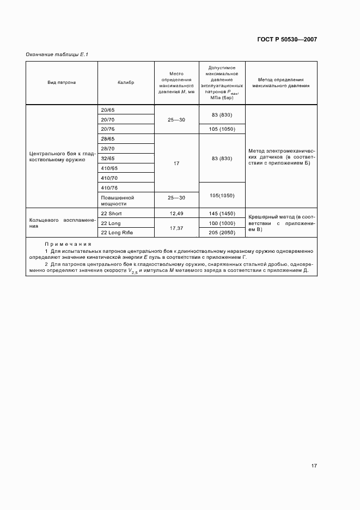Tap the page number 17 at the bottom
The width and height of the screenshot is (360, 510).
click(x=314, y=466)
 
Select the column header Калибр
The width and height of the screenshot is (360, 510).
click(x=125, y=82)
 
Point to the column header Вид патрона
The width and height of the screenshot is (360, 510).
click(x=62, y=82)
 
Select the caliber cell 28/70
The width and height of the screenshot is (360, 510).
click(x=108, y=148)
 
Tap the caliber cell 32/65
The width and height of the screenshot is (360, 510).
click(x=108, y=158)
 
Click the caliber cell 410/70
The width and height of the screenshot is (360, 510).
click(x=109, y=178)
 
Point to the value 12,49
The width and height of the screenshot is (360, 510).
click(x=176, y=213)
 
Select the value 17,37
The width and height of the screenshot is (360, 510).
click(x=176, y=228)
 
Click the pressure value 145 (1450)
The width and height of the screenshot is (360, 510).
click(x=222, y=213)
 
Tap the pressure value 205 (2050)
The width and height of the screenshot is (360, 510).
click(x=222, y=233)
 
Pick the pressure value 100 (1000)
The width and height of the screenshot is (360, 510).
click(x=222, y=223)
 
